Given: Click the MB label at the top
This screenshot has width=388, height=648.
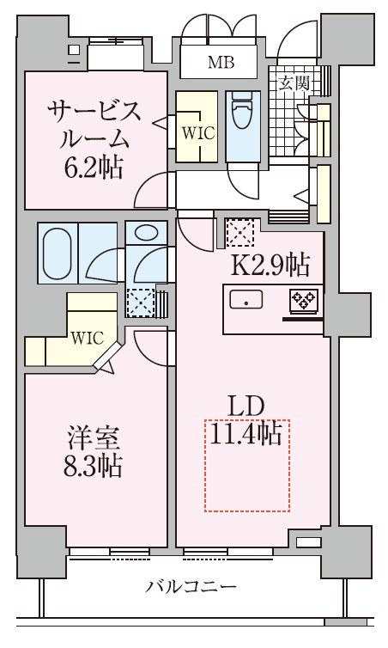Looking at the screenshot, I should pyautogui.click(x=218, y=61).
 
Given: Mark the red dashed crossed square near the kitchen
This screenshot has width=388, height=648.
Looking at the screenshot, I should pyautogui.click(x=238, y=231).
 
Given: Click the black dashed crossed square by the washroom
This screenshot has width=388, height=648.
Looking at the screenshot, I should pyautogui.click(x=140, y=302).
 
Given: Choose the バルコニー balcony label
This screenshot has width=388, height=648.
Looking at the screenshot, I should pyautogui.click(x=191, y=588).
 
